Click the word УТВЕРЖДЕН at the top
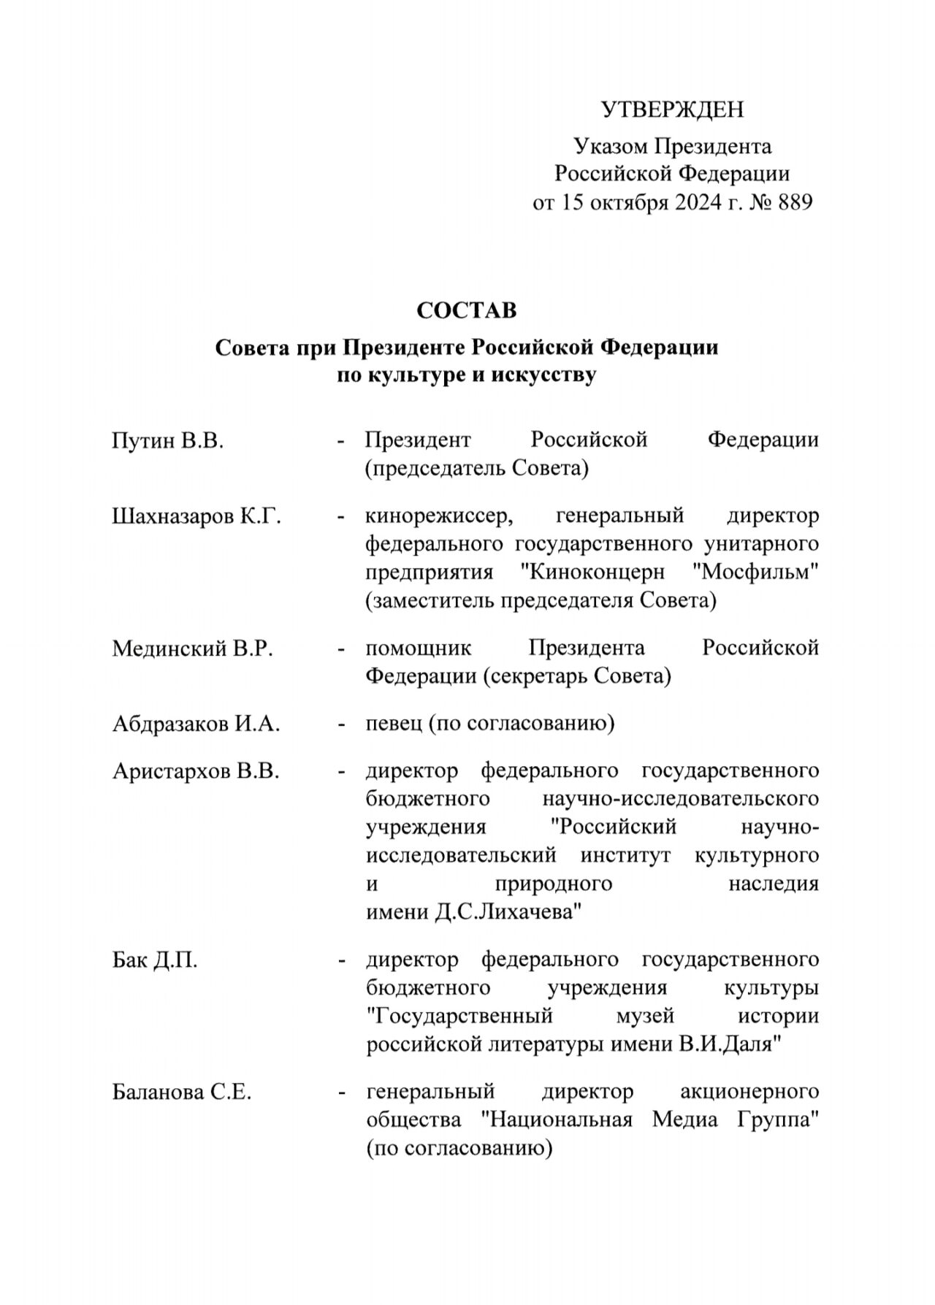point(672,110)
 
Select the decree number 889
point(795,202)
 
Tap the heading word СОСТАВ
point(467,310)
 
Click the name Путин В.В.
point(167,440)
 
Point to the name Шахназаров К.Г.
point(196,516)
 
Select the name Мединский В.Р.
point(192,648)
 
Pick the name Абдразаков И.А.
point(196,724)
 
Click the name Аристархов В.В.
point(196,771)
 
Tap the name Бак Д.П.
point(155,960)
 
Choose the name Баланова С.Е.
point(182,1092)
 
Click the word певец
point(394,724)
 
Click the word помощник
point(419,648)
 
